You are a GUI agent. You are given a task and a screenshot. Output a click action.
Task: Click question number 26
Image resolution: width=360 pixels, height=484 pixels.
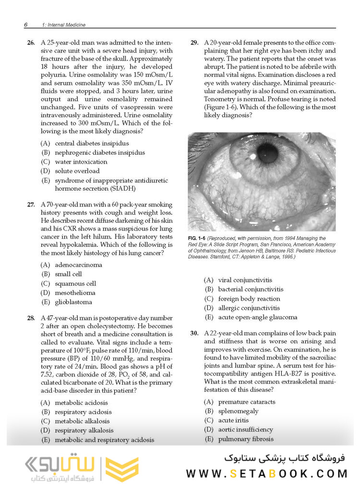31,43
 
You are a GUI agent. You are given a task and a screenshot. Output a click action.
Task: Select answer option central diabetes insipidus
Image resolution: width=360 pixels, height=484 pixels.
91,143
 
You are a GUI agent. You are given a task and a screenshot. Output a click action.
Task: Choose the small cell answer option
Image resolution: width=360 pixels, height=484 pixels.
68,274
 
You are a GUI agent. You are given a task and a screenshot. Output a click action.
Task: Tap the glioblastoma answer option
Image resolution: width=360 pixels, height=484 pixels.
73,302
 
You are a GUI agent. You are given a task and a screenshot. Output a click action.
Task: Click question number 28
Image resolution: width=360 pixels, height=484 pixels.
31,318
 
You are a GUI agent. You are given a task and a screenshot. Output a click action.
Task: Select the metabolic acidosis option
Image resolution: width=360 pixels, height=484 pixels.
81,403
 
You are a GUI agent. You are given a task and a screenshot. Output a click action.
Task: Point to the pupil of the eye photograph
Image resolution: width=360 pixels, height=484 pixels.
267,153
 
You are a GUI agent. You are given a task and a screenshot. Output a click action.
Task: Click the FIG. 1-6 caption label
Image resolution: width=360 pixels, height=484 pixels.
198,239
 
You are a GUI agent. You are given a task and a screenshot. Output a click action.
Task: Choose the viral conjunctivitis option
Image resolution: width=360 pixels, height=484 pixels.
245,280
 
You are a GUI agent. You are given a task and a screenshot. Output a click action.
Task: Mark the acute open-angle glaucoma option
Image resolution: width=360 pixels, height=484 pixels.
257,317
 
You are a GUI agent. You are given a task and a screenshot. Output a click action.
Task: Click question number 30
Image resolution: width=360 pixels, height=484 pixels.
194,333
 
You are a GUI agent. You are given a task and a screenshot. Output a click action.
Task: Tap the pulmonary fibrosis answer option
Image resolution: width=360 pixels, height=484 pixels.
245,439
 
